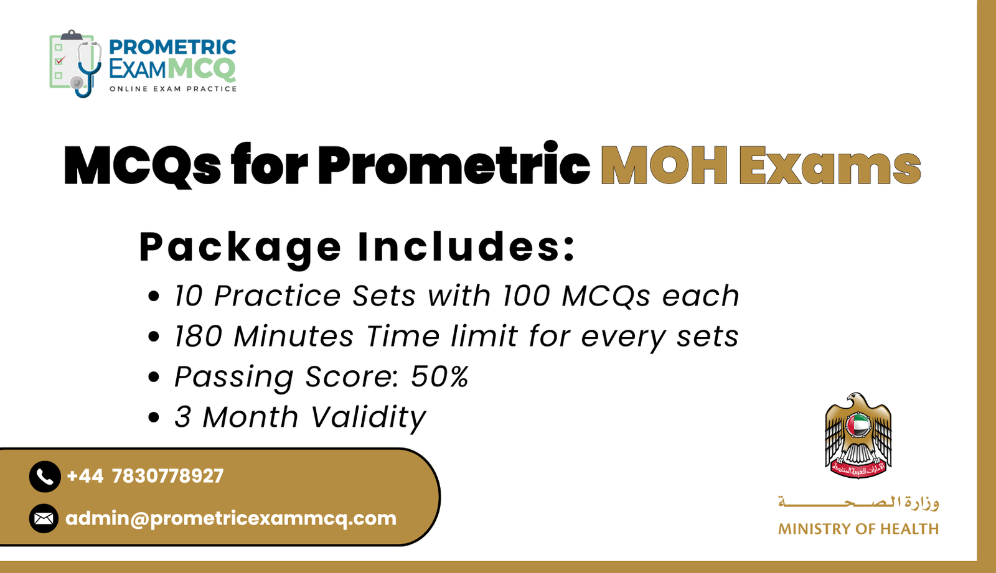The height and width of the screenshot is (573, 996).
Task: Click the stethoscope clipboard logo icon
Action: pos(75,63)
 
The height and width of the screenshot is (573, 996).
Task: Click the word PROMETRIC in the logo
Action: pos(172,47)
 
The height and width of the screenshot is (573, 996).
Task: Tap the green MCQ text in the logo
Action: pos(202,68)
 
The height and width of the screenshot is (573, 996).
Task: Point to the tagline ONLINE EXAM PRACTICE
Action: pos(173,89)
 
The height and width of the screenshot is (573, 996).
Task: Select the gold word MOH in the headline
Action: pos(664,166)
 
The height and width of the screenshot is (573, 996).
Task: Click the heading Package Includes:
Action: pos(357,247)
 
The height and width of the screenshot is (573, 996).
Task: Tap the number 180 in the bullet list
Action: pos(198,337)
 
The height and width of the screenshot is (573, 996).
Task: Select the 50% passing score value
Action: pos(439,376)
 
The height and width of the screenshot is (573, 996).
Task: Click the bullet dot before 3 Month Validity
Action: pos(154,417)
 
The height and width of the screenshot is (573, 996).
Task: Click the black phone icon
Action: pos(45,477)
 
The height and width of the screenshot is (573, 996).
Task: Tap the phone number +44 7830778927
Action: pos(145,476)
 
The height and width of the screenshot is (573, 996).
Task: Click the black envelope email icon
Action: pos(44,518)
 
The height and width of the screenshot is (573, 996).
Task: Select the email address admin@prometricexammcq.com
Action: pos(231,518)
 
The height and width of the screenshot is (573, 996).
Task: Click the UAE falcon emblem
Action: pos(858,436)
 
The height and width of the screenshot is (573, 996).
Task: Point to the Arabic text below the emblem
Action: pos(858,502)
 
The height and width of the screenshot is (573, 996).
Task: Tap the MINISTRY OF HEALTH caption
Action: pos(858,529)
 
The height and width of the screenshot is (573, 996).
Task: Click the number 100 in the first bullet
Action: pos(526,296)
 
